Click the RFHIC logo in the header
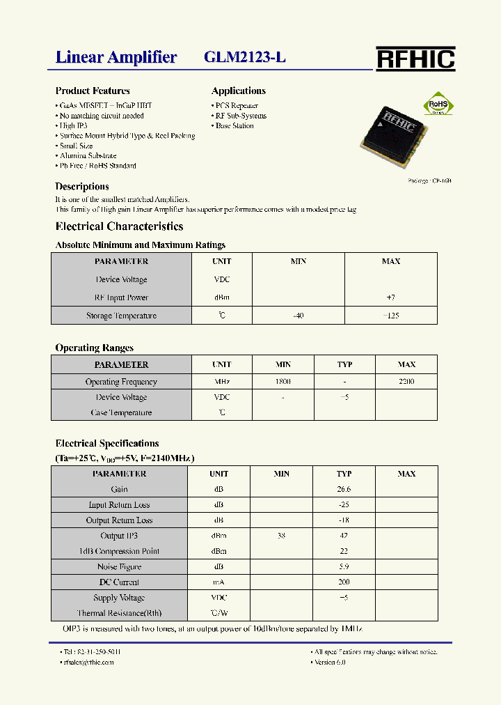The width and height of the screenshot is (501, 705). pyautogui.click(x=415, y=59)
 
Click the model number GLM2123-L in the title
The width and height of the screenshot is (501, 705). pyautogui.click(x=245, y=57)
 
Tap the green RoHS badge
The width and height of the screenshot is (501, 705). pyautogui.click(x=439, y=104)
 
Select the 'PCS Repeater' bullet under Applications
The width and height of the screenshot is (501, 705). pyautogui.click(x=236, y=106)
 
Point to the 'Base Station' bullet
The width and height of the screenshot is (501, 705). pyautogui.click(x=234, y=126)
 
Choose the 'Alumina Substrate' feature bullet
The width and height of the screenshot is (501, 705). pyautogui.click(x=88, y=156)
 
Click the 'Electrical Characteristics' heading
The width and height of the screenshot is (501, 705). pyautogui.click(x=119, y=226)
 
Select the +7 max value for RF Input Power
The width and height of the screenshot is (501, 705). pyautogui.click(x=390, y=297)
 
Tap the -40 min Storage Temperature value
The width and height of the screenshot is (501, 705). pyautogui.click(x=298, y=316)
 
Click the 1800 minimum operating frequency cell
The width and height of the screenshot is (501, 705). pyautogui.click(x=283, y=382)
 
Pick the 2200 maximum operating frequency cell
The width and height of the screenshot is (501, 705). pyautogui.click(x=406, y=382)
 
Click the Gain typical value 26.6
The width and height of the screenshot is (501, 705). pyautogui.click(x=344, y=490)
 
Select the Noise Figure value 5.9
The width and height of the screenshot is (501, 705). pyautogui.click(x=344, y=567)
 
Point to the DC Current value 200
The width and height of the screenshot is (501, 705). pyautogui.click(x=344, y=582)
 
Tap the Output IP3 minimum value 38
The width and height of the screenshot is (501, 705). pyautogui.click(x=281, y=536)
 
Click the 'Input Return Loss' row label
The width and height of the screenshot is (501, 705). pyautogui.click(x=119, y=505)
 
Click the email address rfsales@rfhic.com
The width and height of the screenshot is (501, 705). pyautogui.click(x=88, y=662)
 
